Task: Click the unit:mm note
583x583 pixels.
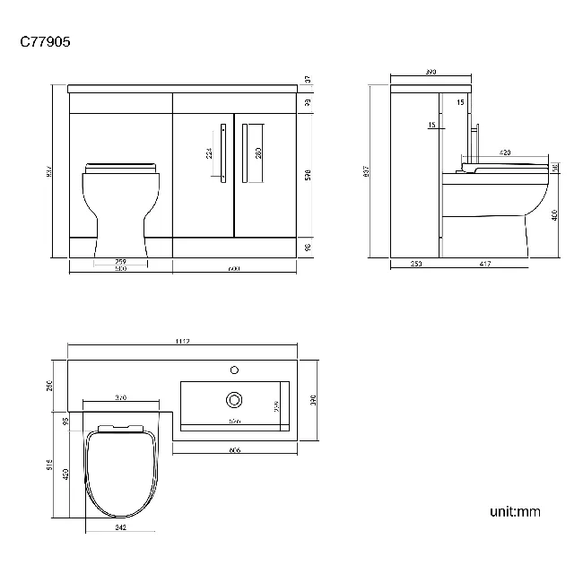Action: pyautogui.click(x=515, y=512)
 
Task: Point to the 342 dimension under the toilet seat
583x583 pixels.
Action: pyautogui.click(x=120, y=527)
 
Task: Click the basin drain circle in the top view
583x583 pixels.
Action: pyautogui.click(x=235, y=398)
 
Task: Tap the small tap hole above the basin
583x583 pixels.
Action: pyautogui.click(x=235, y=369)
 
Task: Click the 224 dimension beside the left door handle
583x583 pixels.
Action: pyautogui.click(x=210, y=153)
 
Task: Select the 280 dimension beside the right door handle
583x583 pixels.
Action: pyautogui.click(x=258, y=153)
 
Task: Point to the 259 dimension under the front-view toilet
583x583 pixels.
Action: pyautogui.click(x=120, y=261)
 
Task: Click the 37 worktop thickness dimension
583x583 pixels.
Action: pyautogui.click(x=308, y=80)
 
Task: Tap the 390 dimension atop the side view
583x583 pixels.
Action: pyautogui.click(x=430, y=71)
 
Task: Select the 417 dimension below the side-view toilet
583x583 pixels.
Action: pyautogui.click(x=485, y=264)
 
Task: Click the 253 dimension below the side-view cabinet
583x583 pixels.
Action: pyautogui.click(x=416, y=264)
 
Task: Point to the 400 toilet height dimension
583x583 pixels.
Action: pyautogui.click(x=555, y=215)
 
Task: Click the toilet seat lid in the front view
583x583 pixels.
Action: pyautogui.click(x=120, y=168)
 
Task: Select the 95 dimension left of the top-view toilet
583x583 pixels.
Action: pyautogui.click(x=65, y=421)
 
